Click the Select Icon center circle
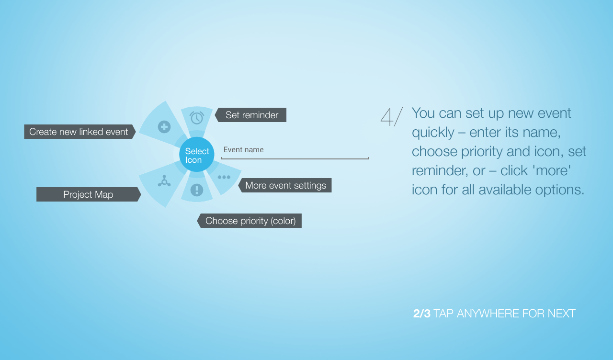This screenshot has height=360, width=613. coord(196,155)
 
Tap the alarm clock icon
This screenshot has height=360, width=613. coord(197,118)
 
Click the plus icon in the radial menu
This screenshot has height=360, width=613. coord(164,127)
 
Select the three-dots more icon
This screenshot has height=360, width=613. coord(224,177)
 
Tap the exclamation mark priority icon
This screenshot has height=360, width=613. coord(197,190)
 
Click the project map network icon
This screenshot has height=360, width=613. coord(164,181)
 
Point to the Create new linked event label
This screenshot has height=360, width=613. coord(79,132)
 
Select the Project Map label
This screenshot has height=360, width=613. coord(89,194)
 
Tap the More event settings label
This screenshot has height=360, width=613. coord(285,185)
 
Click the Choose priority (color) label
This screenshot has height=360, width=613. coord(250,221)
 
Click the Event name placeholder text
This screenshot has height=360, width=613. coord(244,150)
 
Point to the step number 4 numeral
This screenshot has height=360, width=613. coord(386,117)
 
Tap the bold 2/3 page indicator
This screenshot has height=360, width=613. coord(422,314)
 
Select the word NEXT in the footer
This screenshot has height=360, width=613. coord(561,314)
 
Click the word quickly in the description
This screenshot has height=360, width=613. coord(433,133)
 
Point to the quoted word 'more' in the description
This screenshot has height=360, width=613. coord(551,171)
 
